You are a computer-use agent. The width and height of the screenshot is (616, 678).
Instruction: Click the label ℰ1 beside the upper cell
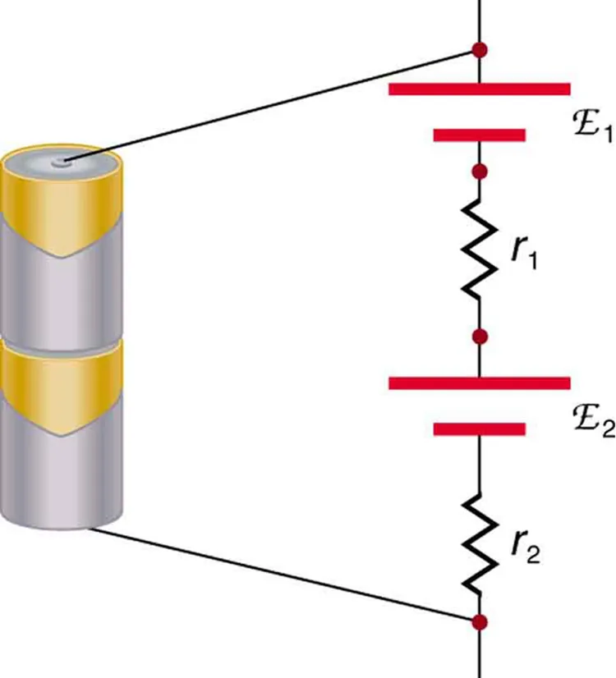[x=591, y=128]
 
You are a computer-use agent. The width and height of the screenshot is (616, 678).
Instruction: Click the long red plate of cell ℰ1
[x=479, y=89]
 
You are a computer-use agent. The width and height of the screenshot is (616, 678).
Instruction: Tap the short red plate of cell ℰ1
[x=478, y=135]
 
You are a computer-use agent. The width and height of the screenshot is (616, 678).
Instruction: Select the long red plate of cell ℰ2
[x=479, y=383]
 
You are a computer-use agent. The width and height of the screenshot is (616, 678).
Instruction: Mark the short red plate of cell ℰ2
[x=478, y=428]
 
